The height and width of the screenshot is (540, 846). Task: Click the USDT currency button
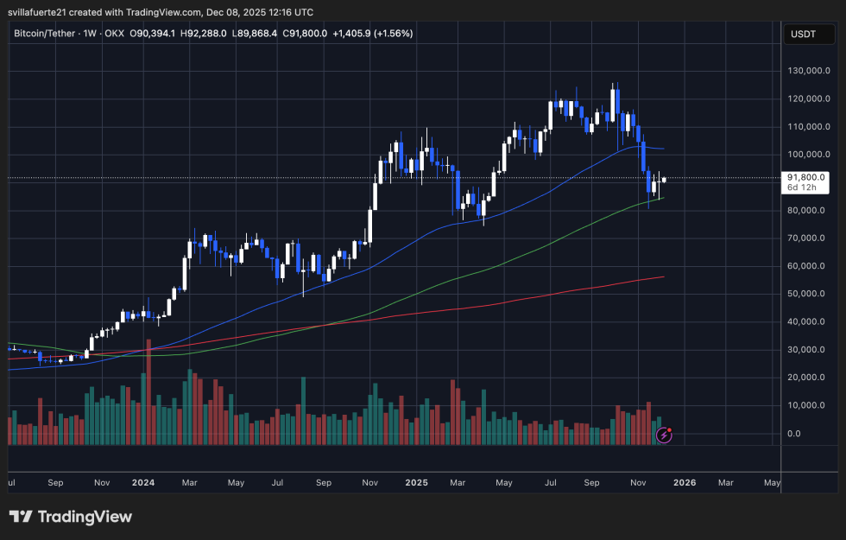point(801,34)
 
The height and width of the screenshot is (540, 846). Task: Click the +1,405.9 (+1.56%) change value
point(372,34)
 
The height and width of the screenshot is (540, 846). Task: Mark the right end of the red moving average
point(663,276)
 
